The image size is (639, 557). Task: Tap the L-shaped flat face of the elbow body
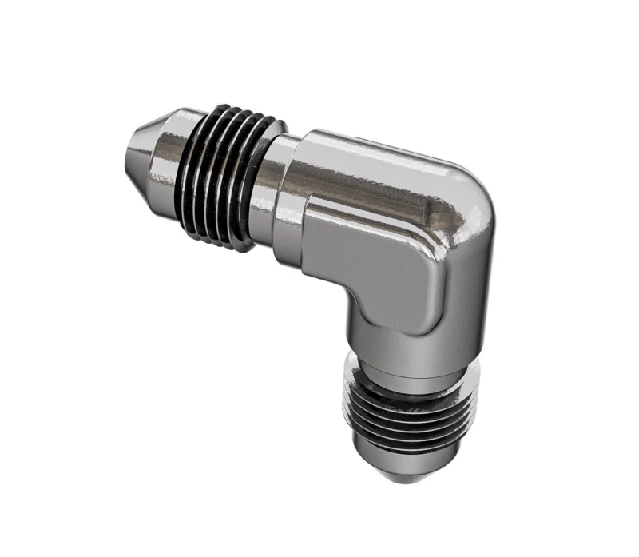[375, 264]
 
